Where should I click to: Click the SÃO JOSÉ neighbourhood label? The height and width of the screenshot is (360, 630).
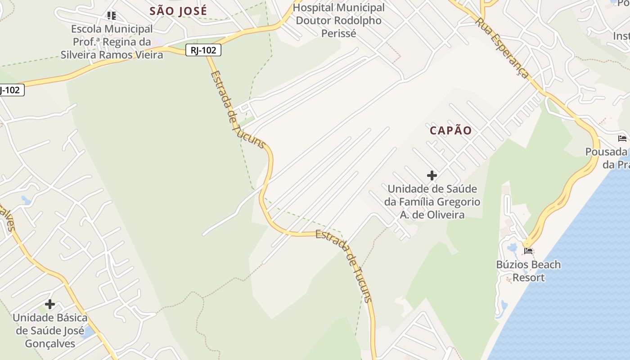[178, 11]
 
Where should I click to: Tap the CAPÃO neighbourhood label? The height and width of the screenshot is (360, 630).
[450, 130]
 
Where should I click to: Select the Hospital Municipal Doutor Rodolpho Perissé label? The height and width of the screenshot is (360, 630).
[339, 20]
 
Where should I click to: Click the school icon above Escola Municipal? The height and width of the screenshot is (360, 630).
[112, 16]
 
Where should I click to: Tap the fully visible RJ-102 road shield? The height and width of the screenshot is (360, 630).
[203, 50]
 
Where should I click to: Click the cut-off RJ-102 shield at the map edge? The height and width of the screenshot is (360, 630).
[10, 90]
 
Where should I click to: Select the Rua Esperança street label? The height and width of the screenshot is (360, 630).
[502, 48]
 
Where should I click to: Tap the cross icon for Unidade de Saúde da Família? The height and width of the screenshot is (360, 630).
[432, 175]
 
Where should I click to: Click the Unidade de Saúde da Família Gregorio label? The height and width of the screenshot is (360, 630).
[432, 202]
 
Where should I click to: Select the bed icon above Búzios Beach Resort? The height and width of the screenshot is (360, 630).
[528, 251]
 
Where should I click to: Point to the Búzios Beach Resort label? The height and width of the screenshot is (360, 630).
[528, 271]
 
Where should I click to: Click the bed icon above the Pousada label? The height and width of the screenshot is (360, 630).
[622, 138]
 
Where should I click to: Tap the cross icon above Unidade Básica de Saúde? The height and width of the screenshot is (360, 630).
[50, 304]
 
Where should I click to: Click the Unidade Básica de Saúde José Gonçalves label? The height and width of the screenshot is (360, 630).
[49, 331]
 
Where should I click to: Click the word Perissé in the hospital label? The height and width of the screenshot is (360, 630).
[339, 33]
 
